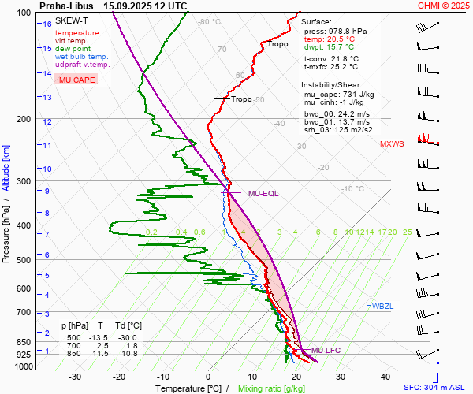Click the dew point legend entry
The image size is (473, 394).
(x=73, y=49)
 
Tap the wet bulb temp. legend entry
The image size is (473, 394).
(x=82, y=57)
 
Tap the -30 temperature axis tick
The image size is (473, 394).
(x=75, y=377)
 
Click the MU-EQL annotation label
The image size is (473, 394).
(x=263, y=193)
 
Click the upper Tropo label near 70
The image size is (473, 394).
(x=277, y=44)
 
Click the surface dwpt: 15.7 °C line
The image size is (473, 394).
(x=329, y=47)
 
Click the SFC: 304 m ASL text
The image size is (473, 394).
(x=436, y=388)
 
